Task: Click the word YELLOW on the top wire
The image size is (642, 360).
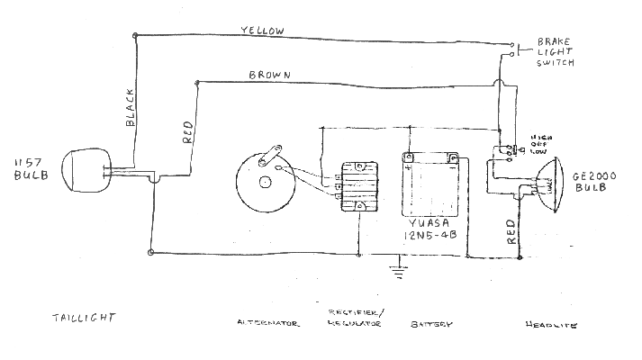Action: [x=262, y=30]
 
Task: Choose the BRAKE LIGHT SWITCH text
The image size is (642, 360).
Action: [x=555, y=52]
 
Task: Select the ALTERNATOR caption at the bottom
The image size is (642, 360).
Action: [x=267, y=322]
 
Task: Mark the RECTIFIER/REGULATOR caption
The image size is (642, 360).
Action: [x=350, y=316]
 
